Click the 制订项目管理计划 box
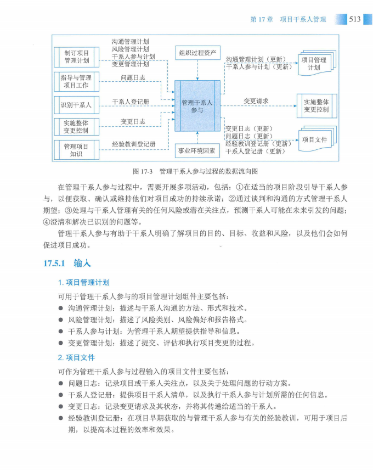(76, 57)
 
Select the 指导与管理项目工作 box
(76, 81)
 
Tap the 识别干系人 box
(76, 104)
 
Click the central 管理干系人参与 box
(197, 106)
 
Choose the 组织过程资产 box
(197, 53)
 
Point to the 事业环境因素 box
(197, 150)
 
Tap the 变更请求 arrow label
(256, 101)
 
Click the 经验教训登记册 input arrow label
(134, 144)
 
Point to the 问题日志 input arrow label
(133, 78)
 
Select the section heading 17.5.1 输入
(67, 263)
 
